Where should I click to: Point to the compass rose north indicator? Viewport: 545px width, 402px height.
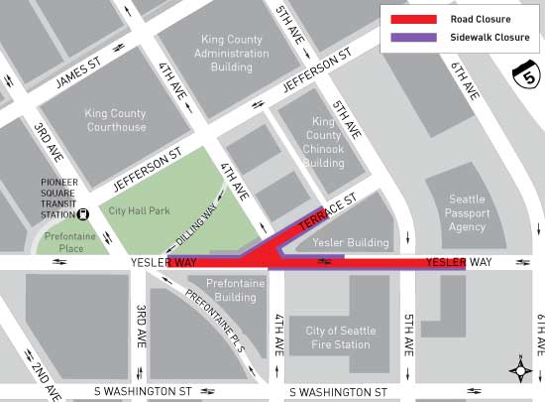[521, 371]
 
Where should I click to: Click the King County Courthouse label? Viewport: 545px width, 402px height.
[115, 120]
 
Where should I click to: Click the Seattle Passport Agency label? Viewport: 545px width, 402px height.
[467, 213]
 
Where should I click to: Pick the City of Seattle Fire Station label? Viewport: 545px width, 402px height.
[339, 337]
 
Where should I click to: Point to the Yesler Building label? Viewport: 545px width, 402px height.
[337, 241]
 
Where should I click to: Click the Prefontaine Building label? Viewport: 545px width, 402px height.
[235, 290]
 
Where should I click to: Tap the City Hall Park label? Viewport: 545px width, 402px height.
[140, 211]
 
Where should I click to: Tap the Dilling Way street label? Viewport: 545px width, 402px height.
[200, 218]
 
